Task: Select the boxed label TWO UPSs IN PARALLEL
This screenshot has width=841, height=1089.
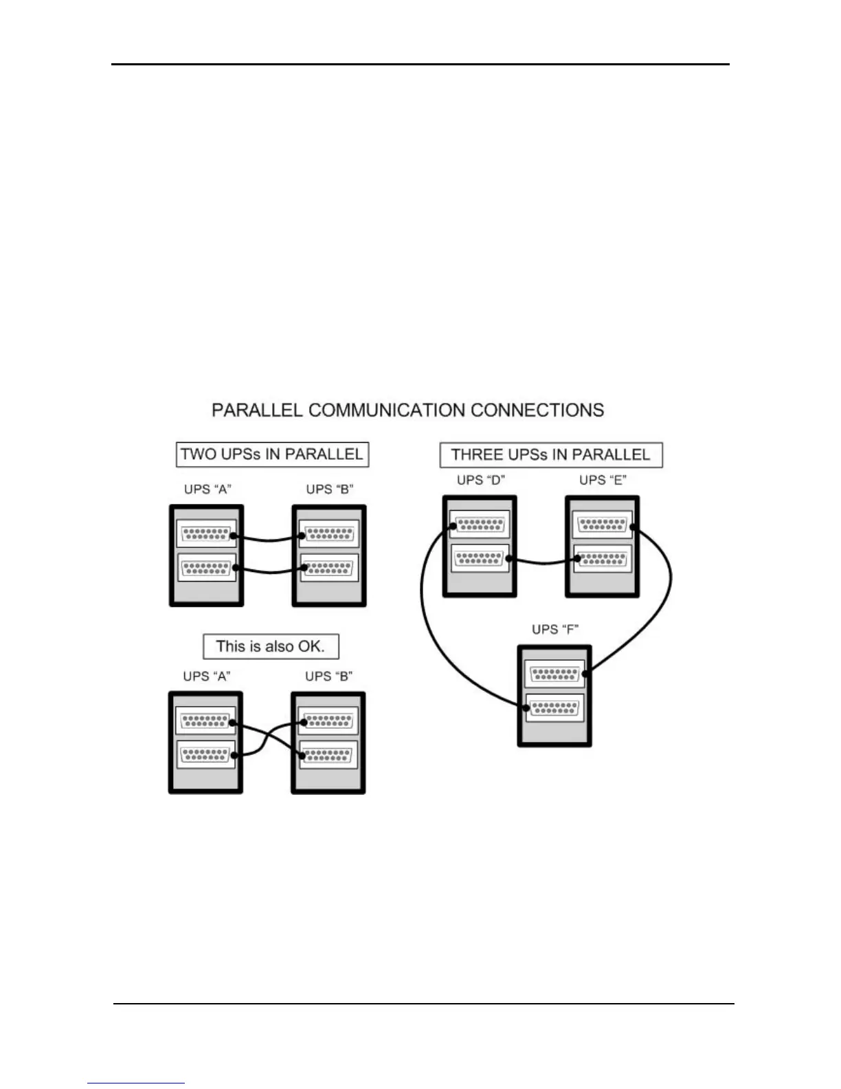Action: [272, 454]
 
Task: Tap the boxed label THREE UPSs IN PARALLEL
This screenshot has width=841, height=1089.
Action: [550, 455]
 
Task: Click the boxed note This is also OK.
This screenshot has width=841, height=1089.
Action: [271, 646]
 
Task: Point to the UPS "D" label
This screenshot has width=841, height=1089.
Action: [480, 480]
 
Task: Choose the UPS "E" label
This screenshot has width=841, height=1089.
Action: [603, 480]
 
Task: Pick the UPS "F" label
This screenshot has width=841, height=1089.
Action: [555, 629]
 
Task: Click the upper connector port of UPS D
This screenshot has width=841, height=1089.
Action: [480, 525]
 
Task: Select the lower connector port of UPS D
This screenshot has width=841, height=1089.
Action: [480, 558]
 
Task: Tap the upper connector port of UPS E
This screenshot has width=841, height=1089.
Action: [603, 525]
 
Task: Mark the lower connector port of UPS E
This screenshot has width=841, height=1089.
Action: [603, 558]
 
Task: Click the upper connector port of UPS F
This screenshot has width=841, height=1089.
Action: [555, 674]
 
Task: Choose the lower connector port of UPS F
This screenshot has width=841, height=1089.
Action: [555, 707]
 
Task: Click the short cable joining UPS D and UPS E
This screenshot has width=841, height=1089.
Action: [543, 562]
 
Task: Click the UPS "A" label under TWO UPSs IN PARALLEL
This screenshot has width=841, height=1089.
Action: [208, 489]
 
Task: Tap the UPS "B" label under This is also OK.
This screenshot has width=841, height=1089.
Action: [328, 676]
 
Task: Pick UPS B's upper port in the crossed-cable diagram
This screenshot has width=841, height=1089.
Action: [328, 722]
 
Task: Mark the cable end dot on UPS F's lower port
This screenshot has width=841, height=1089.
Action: [521, 705]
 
